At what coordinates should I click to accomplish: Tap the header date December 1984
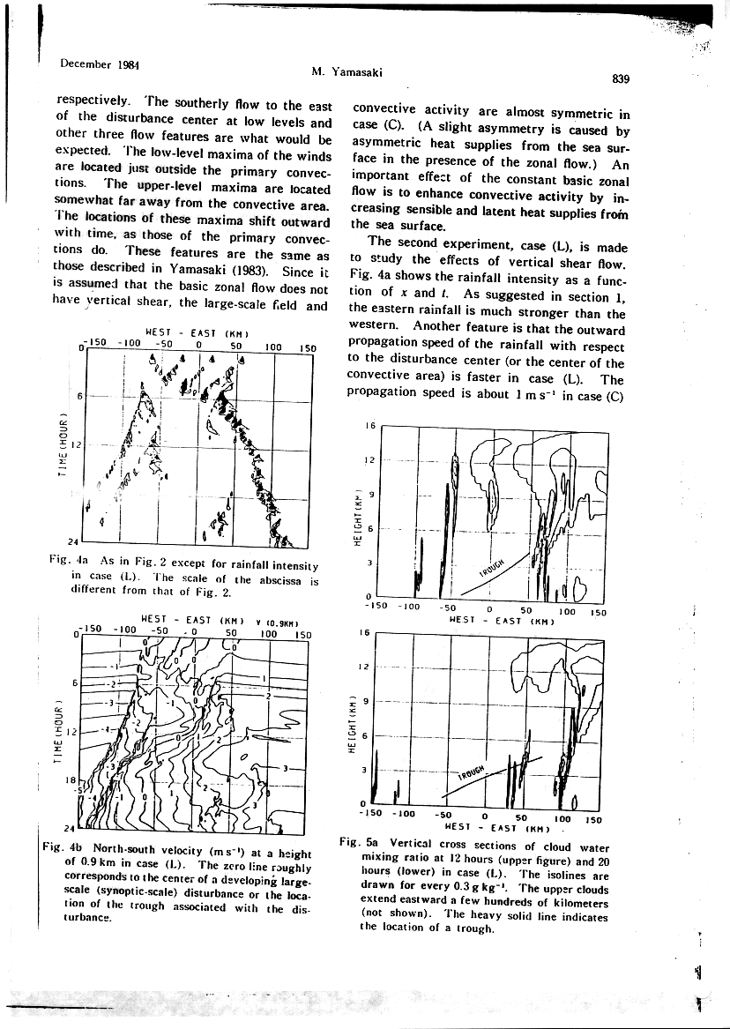coord(96,63)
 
